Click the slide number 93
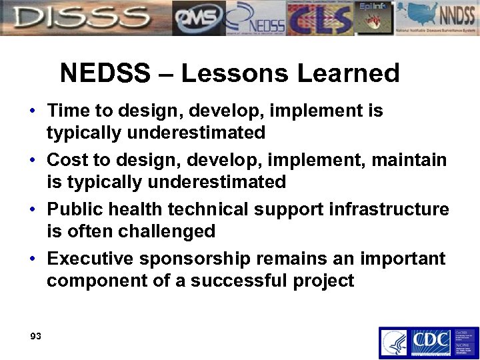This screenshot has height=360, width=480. pos(35,336)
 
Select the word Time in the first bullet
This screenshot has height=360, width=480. pos(69,110)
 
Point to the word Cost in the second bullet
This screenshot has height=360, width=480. pos(69,160)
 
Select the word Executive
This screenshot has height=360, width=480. pos(92,258)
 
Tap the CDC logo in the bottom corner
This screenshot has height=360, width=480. pos(430,342)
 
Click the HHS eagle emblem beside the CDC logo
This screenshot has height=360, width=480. pos(394,343)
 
